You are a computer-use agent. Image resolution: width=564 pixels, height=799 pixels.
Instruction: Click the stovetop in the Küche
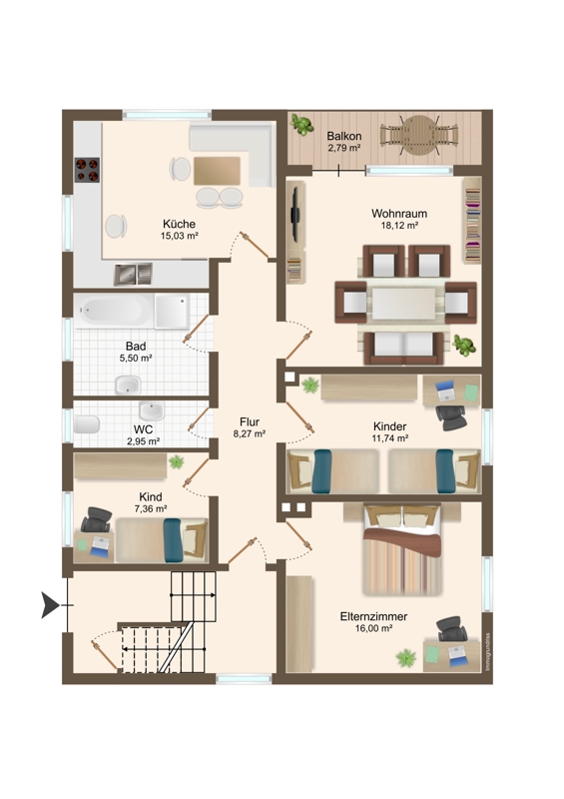pyautogui.click(x=87, y=170)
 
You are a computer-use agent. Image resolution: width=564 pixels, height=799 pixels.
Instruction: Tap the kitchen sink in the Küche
pyautogui.click(x=133, y=274)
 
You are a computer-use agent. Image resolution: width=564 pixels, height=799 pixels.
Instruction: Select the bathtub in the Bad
pyautogui.click(x=114, y=311)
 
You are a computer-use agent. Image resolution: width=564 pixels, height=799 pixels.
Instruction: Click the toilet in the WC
pyautogui.click(x=86, y=423)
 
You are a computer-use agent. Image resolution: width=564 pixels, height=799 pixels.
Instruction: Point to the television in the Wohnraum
pyautogui.click(x=294, y=216)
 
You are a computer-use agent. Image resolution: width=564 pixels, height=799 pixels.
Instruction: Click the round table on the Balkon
pyautogui.click(x=419, y=135)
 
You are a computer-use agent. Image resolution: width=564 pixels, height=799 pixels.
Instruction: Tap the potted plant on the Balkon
pyautogui.click(x=301, y=125)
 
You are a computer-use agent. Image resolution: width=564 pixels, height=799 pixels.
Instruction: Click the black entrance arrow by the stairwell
pyautogui.click(x=50, y=605)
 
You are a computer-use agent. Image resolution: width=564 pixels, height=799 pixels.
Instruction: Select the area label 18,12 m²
pyautogui.click(x=399, y=225)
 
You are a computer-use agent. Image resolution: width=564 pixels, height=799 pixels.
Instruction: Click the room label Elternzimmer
pyautogui.click(x=373, y=616)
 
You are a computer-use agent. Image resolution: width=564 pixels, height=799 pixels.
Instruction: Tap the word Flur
pyautogui.click(x=250, y=421)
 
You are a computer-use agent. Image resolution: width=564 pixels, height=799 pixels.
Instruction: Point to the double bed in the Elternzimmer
pyautogui.click(x=402, y=549)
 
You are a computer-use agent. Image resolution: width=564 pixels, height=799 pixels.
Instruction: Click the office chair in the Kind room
pyautogui.click(x=96, y=519)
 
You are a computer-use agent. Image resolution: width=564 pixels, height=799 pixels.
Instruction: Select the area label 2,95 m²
pyautogui.click(x=143, y=441)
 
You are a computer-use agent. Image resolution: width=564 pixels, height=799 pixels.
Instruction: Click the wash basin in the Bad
pyautogui.click(x=128, y=385)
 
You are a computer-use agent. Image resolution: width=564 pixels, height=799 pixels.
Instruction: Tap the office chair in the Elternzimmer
pyautogui.click(x=451, y=629)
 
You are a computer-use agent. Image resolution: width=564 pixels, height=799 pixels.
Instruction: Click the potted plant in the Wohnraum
pyautogui.click(x=464, y=345)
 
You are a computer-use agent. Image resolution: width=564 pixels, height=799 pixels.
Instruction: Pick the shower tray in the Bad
pyautogui.click(x=173, y=312)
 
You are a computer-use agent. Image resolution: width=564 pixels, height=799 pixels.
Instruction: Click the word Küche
pyautogui.click(x=179, y=224)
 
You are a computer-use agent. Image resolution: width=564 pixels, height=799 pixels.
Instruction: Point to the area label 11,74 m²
pyautogui.click(x=390, y=437)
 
